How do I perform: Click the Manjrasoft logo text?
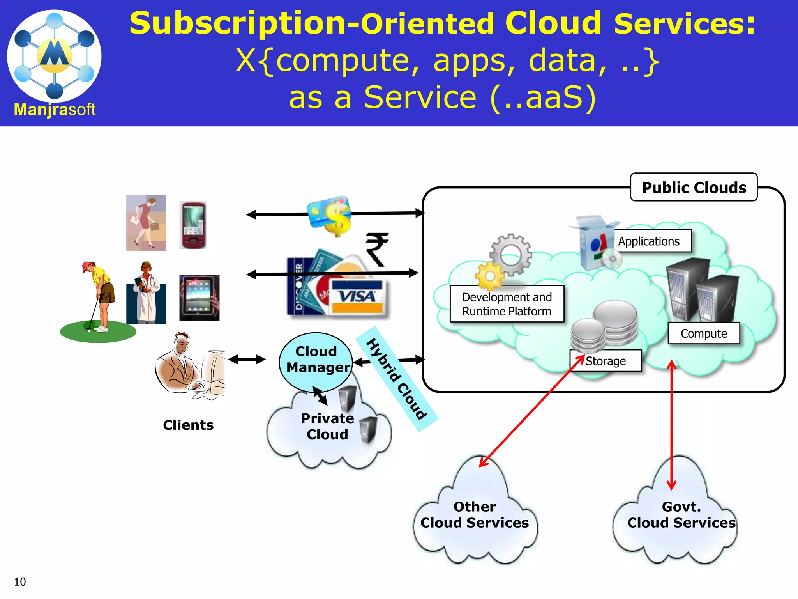55,110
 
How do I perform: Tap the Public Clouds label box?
694,188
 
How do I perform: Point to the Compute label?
704,333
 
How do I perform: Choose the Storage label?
606,361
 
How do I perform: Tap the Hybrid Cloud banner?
397,378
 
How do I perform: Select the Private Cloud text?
327,426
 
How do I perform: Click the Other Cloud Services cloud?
475,515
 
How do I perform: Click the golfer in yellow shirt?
100,296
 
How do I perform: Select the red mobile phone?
192,225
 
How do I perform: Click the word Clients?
188,425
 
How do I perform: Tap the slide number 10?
20,582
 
